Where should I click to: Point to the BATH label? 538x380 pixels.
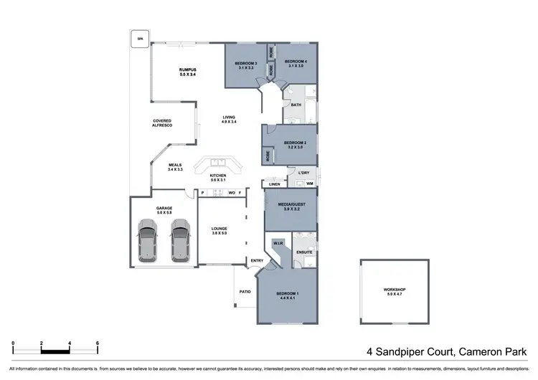point(296,106)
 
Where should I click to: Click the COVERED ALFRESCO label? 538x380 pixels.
point(162,123)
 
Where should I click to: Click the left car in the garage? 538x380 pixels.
point(148,238)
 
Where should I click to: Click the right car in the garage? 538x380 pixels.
point(179,238)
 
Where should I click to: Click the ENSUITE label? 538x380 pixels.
point(303,252)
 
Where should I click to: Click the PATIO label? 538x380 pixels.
point(244,291)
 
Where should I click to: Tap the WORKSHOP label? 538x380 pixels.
point(396,292)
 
